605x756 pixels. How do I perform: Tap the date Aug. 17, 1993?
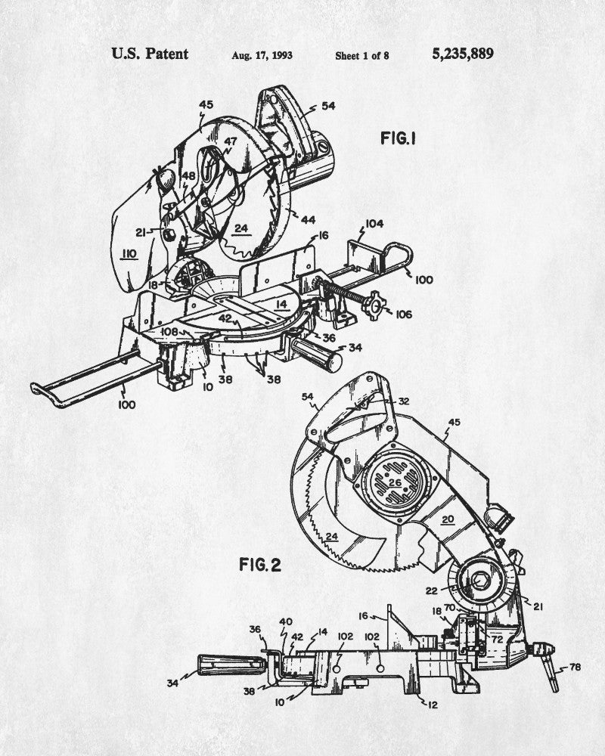[x=262, y=55]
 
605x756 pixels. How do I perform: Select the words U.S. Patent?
[x=150, y=54]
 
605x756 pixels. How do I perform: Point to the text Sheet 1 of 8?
[x=361, y=55]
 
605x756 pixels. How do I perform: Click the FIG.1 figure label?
[x=399, y=138]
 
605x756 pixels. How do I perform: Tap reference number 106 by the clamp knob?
[x=403, y=314]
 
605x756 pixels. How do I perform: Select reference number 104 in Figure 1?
[x=375, y=223]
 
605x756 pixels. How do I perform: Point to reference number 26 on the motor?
[x=394, y=482]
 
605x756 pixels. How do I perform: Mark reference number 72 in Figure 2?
[x=497, y=639]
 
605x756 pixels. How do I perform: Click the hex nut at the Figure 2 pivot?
[x=480, y=583]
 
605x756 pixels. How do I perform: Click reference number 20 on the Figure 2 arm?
[x=448, y=519]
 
